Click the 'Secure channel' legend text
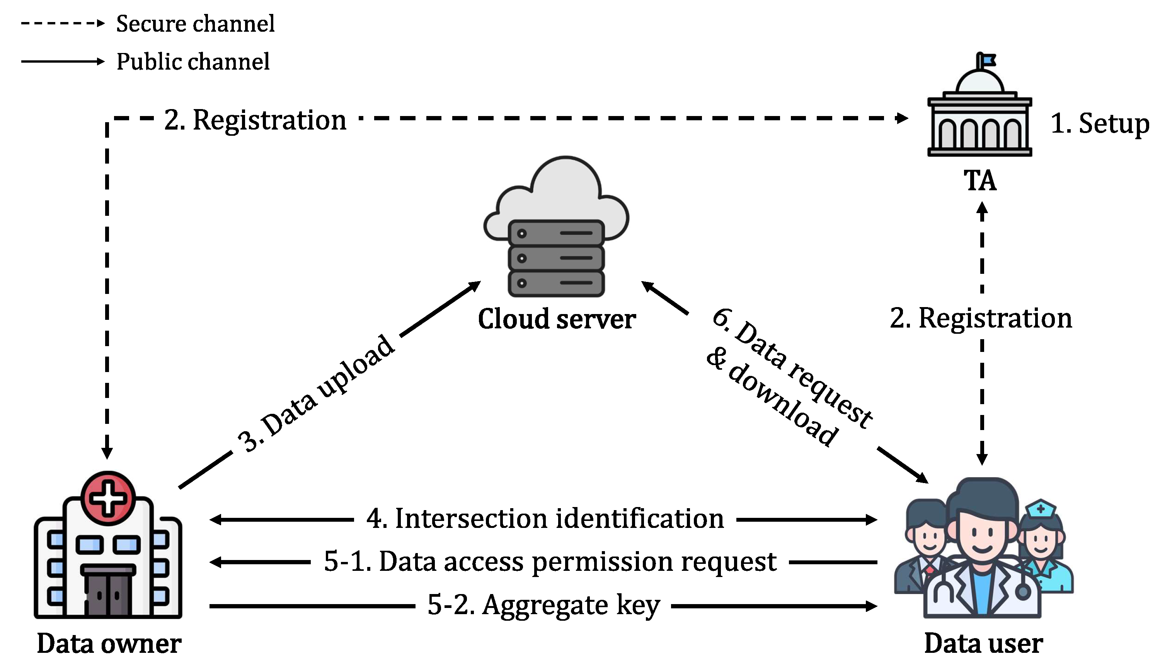point(195,24)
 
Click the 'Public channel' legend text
point(192,62)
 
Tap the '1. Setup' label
point(1099,123)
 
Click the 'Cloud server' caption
point(557,319)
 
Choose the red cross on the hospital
point(108,498)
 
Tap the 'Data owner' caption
point(109,644)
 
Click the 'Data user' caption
point(983,644)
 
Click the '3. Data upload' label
point(317,393)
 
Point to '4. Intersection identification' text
point(545,519)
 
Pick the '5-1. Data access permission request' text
point(550,562)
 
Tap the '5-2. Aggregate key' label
point(543,605)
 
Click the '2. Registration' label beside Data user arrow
point(981,318)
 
